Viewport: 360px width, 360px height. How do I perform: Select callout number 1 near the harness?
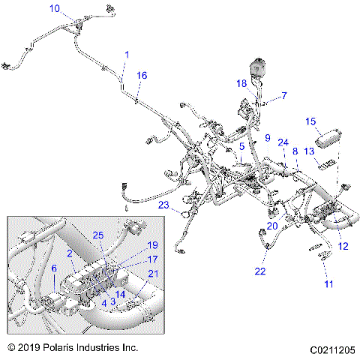[127, 55]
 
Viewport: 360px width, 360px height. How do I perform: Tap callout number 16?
[142, 76]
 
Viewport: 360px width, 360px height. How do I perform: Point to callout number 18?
[242, 84]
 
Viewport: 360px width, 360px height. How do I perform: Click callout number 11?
[328, 283]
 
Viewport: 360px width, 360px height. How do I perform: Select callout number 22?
[259, 271]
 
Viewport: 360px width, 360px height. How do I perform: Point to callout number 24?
[283, 142]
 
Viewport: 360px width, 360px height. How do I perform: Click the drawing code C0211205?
[329, 349]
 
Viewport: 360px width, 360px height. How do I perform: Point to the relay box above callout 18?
[259, 65]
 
